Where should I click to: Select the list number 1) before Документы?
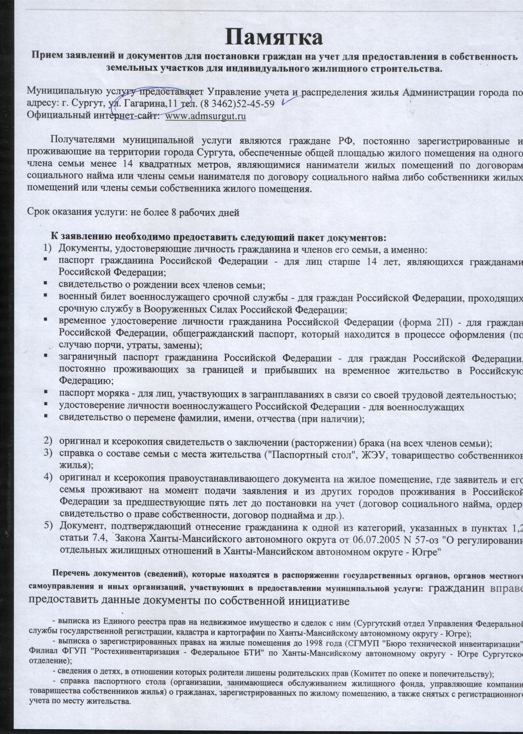pos(47,249)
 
